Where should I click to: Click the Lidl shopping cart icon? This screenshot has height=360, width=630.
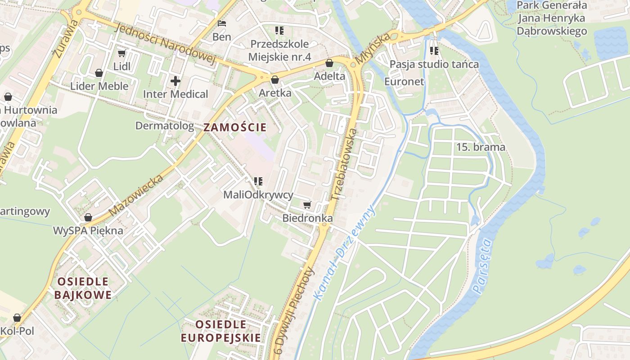(121, 54)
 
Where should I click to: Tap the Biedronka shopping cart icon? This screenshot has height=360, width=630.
(307, 205)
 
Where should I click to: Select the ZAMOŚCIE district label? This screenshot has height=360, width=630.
(235, 127)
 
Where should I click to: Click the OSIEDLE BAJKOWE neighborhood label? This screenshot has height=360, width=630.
(83, 288)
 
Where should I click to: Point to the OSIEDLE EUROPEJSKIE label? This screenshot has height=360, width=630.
(220, 331)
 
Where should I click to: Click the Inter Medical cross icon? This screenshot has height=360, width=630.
(175, 81)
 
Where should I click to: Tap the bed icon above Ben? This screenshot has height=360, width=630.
(221, 23)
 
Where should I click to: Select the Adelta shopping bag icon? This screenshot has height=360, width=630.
(329, 63)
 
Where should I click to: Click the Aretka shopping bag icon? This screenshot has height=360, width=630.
(275, 80)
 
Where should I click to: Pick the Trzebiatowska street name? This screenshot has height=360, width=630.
(344, 164)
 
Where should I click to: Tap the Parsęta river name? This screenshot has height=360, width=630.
(483, 266)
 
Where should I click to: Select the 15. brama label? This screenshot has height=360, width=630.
(481, 147)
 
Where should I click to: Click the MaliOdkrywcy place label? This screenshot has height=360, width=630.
(258, 195)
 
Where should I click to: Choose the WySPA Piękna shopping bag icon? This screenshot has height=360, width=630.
(88, 218)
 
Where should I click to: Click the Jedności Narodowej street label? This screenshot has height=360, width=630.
(166, 44)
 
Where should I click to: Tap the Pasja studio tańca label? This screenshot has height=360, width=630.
(434, 64)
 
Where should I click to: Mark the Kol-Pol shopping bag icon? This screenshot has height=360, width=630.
(17, 318)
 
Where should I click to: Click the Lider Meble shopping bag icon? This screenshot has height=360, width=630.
(99, 73)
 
